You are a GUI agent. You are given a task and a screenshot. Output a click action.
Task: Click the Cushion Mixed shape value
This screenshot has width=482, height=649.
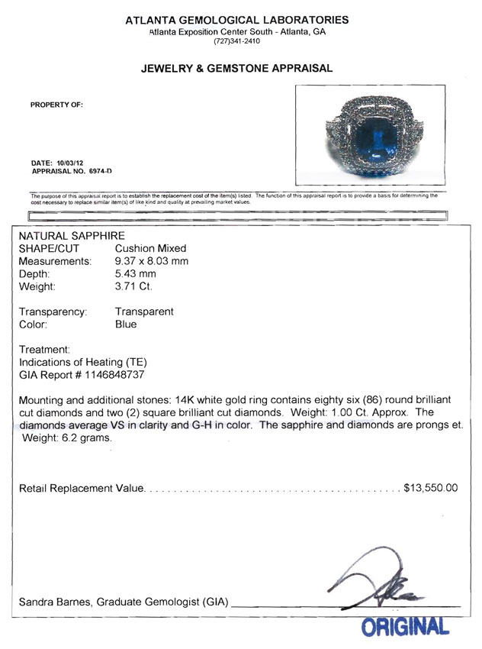pos(150,249)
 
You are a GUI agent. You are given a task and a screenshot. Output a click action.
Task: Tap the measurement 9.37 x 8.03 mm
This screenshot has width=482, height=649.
pos(151,261)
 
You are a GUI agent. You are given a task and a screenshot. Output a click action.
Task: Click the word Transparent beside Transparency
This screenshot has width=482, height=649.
pos(144,312)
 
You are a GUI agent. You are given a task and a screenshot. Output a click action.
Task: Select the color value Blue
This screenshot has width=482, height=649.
pos(126,324)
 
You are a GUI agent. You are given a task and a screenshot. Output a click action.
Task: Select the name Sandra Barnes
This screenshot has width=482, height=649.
pos(52,603)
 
